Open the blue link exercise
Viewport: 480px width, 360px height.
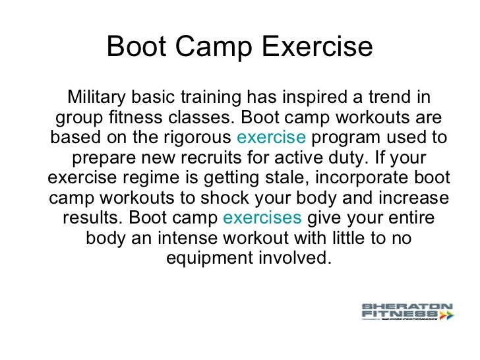271,138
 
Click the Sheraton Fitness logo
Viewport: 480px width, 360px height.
407,312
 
